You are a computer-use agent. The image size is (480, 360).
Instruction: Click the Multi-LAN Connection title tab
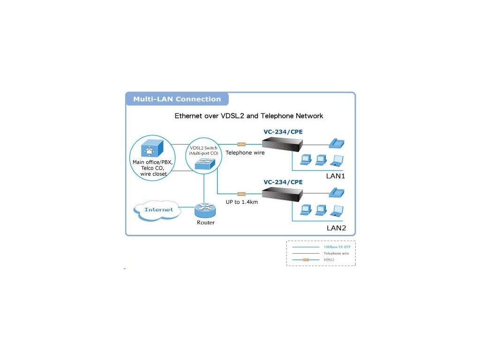click(x=177, y=99)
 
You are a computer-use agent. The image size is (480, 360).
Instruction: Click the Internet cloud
click(x=159, y=210)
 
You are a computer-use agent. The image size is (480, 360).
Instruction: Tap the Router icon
click(x=205, y=210)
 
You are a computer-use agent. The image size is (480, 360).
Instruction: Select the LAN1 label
click(x=336, y=177)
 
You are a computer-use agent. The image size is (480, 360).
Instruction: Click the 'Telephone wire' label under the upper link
click(x=245, y=153)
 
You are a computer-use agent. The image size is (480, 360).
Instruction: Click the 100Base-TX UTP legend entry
click(x=337, y=247)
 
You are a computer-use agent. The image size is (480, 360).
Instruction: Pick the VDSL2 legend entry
click(x=329, y=259)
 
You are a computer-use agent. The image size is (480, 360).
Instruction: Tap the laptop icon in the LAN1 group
click(x=336, y=160)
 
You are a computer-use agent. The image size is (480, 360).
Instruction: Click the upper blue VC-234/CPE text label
click(x=283, y=132)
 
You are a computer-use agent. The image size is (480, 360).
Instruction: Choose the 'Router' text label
click(x=206, y=223)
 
